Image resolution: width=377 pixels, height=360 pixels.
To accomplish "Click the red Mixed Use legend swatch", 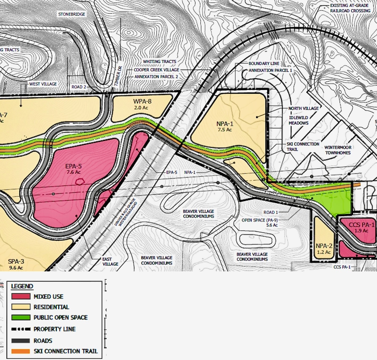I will (21, 296).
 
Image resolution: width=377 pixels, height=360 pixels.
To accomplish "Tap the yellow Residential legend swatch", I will (21, 307).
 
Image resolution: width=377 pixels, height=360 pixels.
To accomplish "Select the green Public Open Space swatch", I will (21, 317).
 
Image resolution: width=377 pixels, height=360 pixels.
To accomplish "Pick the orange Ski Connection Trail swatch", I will (21, 351).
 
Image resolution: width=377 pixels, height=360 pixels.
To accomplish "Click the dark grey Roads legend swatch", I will (21, 341).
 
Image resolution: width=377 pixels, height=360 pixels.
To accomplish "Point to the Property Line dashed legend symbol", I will (21, 329).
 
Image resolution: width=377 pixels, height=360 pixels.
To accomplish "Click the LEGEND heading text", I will (22, 286).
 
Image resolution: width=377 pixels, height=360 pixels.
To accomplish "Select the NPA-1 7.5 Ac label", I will (225, 126).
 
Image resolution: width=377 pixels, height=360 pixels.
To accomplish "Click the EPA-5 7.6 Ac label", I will (73, 169).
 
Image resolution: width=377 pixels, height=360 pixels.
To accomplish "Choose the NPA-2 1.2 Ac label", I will (324, 249).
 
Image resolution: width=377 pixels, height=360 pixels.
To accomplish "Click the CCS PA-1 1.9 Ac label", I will (361, 227).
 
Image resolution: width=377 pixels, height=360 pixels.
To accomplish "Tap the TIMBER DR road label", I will (118, 76).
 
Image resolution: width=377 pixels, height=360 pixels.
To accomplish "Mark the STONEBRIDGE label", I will (72, 14).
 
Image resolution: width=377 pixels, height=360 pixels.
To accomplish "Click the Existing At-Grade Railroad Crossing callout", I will (350, 8).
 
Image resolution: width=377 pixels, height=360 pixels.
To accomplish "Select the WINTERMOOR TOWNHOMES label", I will (338, 150).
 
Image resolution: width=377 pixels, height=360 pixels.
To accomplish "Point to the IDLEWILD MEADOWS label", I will (299, 120).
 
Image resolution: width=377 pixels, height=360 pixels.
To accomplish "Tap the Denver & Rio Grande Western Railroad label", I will (126, 212).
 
